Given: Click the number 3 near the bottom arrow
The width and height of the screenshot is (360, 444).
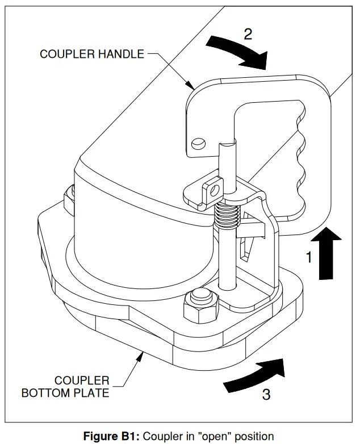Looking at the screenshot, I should (x=266, y=393).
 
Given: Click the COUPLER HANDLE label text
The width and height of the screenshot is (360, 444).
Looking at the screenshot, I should (x=91, y=55).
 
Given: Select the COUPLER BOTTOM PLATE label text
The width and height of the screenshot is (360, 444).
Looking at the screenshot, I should (x=65, y=386).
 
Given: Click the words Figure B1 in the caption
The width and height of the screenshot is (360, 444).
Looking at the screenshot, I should (x=112, y=436).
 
